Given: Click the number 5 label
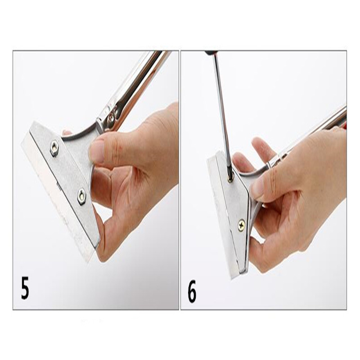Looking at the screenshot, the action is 25,288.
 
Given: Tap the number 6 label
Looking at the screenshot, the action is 192,291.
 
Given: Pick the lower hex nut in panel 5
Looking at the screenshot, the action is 81,197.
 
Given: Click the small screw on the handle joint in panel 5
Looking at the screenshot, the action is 112,117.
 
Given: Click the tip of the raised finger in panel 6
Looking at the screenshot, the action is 256,140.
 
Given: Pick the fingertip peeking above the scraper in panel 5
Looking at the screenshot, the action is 67,132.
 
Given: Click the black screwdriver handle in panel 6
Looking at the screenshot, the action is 208,53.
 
